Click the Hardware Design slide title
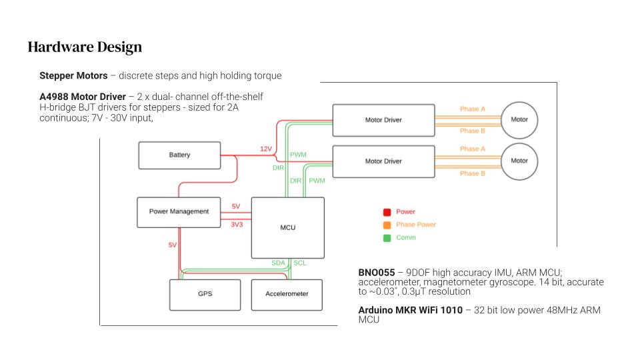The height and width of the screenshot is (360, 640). tap(85, 47)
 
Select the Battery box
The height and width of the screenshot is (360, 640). tap(179, 155)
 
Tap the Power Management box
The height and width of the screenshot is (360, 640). tap(179, 211)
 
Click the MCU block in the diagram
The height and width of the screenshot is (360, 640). tap(287, 227)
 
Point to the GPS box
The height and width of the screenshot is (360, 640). tap(205, 294)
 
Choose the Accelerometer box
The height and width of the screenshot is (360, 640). tap(287, 294)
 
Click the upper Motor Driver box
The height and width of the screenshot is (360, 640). tap(383, 120)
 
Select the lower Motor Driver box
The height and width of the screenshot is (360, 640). tap(383, 161)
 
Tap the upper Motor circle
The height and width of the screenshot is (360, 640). tap(519, 120)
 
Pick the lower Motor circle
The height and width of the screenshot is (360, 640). tap(519, 161)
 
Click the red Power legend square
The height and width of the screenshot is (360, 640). tap(387, 212)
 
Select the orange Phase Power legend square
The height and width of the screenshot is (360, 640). tap(387, 225)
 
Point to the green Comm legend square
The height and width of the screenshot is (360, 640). tap(387, 237)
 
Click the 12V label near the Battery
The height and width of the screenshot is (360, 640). tap(266, 149)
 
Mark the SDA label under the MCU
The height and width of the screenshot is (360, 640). tap(278, 263)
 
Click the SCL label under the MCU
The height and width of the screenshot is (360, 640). tap(300, 263)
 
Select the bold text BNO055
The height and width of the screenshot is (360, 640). tap(377, 273)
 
